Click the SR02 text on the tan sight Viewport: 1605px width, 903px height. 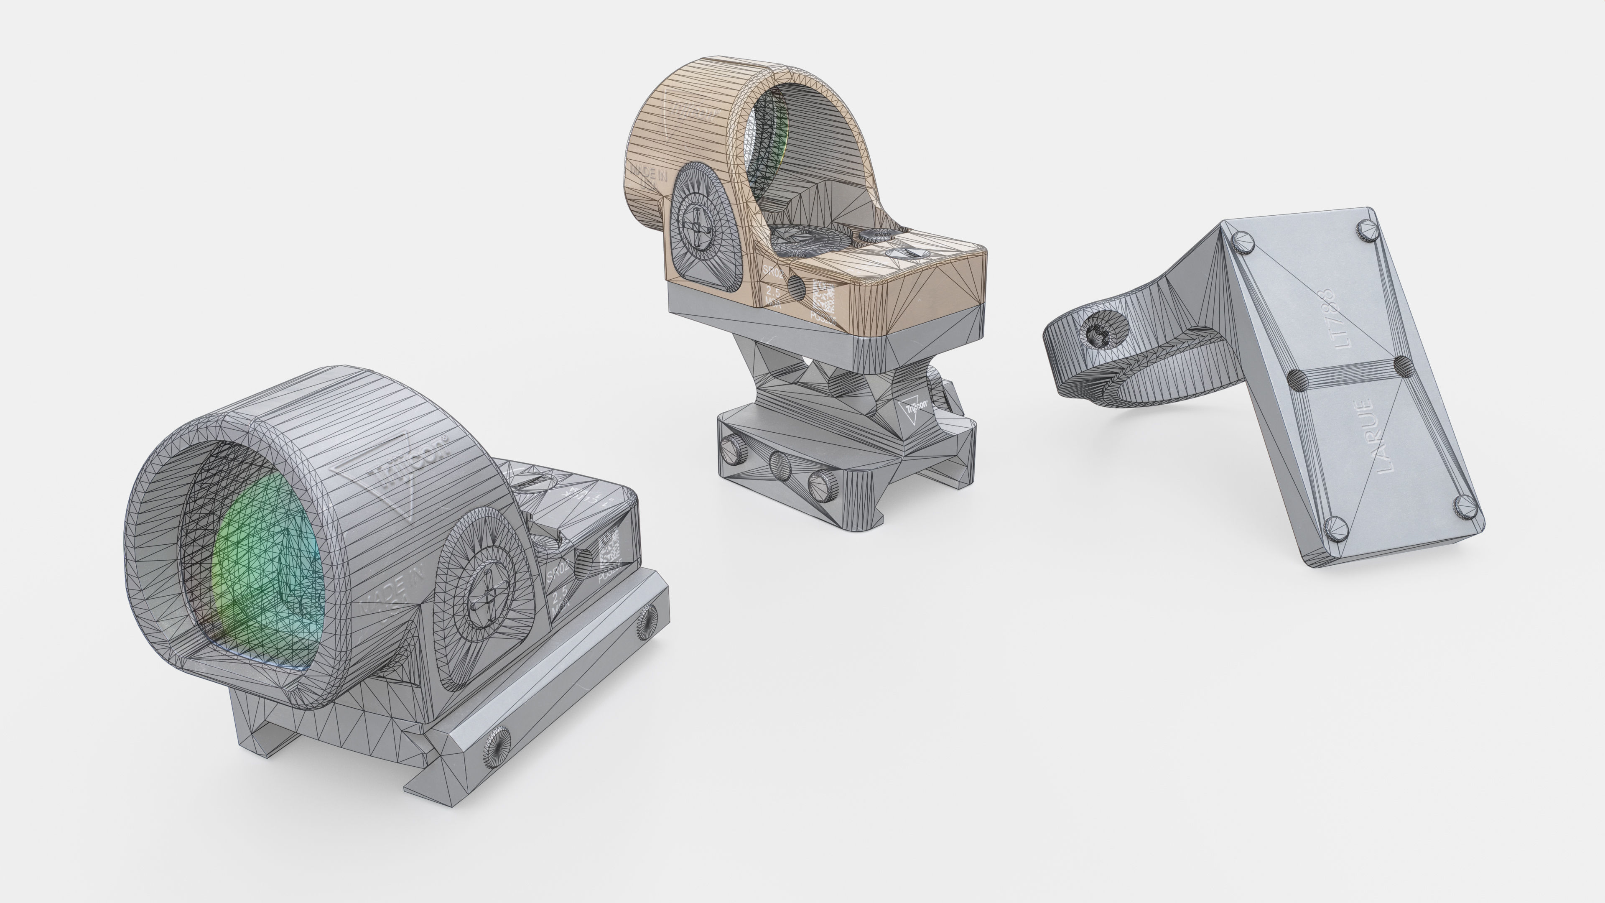[x=772, y=272]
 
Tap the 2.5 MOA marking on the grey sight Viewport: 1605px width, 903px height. [x=560, y=597]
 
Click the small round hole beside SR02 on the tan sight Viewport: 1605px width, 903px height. [x=796, y=285]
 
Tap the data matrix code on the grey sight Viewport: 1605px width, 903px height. [x=609, y=549]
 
